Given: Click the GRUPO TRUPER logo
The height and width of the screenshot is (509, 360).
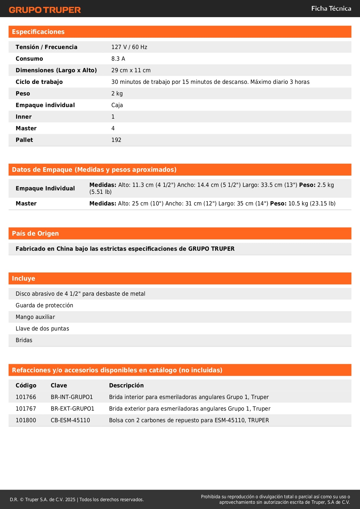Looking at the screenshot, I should pos(45,10).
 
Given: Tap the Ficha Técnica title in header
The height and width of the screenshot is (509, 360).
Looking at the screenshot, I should pos(331,8).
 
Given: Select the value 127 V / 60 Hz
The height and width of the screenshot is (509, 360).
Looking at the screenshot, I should pos(129,47).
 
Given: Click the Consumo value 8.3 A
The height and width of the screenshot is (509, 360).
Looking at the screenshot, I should pos(118,59).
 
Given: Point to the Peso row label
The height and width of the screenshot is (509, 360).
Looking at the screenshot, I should pos(23,93).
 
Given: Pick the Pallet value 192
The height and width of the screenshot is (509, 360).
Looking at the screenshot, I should pos(116,140).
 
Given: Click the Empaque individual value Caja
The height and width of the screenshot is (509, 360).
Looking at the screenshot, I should pos(117,105).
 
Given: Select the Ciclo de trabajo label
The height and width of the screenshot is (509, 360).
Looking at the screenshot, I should pos(39,82).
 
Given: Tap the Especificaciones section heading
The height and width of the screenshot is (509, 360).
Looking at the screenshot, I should pos(38,32).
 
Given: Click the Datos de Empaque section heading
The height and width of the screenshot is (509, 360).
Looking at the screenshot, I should pos(94,169).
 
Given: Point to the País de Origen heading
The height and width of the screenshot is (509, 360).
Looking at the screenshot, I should pos(35,233).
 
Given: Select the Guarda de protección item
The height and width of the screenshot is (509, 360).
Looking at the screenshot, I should pos(44,305).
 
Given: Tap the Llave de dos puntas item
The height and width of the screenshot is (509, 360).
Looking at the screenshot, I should pos(42,328).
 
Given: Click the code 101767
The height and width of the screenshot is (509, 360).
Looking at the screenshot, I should pos(26,409).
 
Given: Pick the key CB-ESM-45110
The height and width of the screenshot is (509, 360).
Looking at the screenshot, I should pos(70,420).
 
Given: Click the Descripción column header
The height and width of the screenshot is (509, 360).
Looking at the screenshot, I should pos(126,385).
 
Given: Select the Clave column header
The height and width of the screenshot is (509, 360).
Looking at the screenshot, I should pos(59,385).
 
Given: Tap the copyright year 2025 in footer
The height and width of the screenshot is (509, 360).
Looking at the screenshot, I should pos(70,499).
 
